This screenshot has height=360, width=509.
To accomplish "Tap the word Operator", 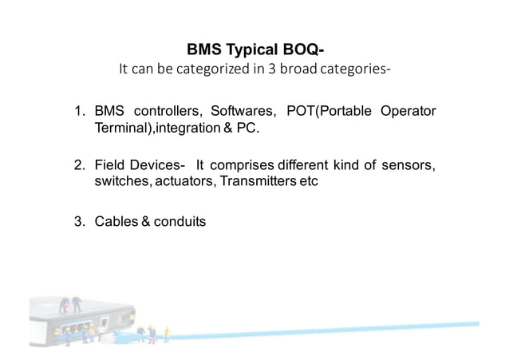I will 408,111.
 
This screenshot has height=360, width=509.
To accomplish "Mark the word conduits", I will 180,221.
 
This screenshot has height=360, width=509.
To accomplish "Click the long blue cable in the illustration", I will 319,330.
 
